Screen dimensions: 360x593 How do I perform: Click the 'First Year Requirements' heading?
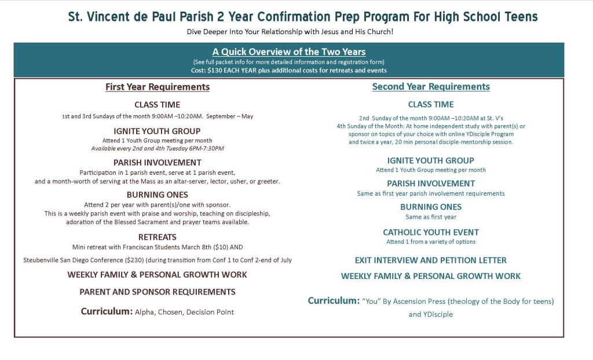[x=158, y=87]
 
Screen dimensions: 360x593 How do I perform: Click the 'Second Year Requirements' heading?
[x=431, y=87]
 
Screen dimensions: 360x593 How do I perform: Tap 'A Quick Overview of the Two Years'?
[x=288, y=52]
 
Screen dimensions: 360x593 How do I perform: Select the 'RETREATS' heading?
[x=158, y=237]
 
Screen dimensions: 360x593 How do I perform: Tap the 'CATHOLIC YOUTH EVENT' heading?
[x=431, y=232]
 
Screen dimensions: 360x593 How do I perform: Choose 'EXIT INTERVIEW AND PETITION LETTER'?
[x=431, y=260]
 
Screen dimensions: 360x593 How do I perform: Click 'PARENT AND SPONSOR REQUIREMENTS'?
[x=158, y=292]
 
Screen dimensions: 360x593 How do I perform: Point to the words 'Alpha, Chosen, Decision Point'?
[x=184, y=312]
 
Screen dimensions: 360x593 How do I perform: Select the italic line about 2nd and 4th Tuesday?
[x=158, y=149]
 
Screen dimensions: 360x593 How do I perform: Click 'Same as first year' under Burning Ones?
[x=431, y=217]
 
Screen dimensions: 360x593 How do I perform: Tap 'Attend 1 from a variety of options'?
[x=431, y=242]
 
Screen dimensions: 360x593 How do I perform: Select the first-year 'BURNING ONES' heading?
[x=158, y=194]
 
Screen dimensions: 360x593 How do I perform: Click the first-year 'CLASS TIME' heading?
[x=158, y=105]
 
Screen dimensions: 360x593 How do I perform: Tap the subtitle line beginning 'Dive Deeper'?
[x=290, y=31]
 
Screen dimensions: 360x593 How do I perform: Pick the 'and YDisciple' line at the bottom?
[x=431, y=314]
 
